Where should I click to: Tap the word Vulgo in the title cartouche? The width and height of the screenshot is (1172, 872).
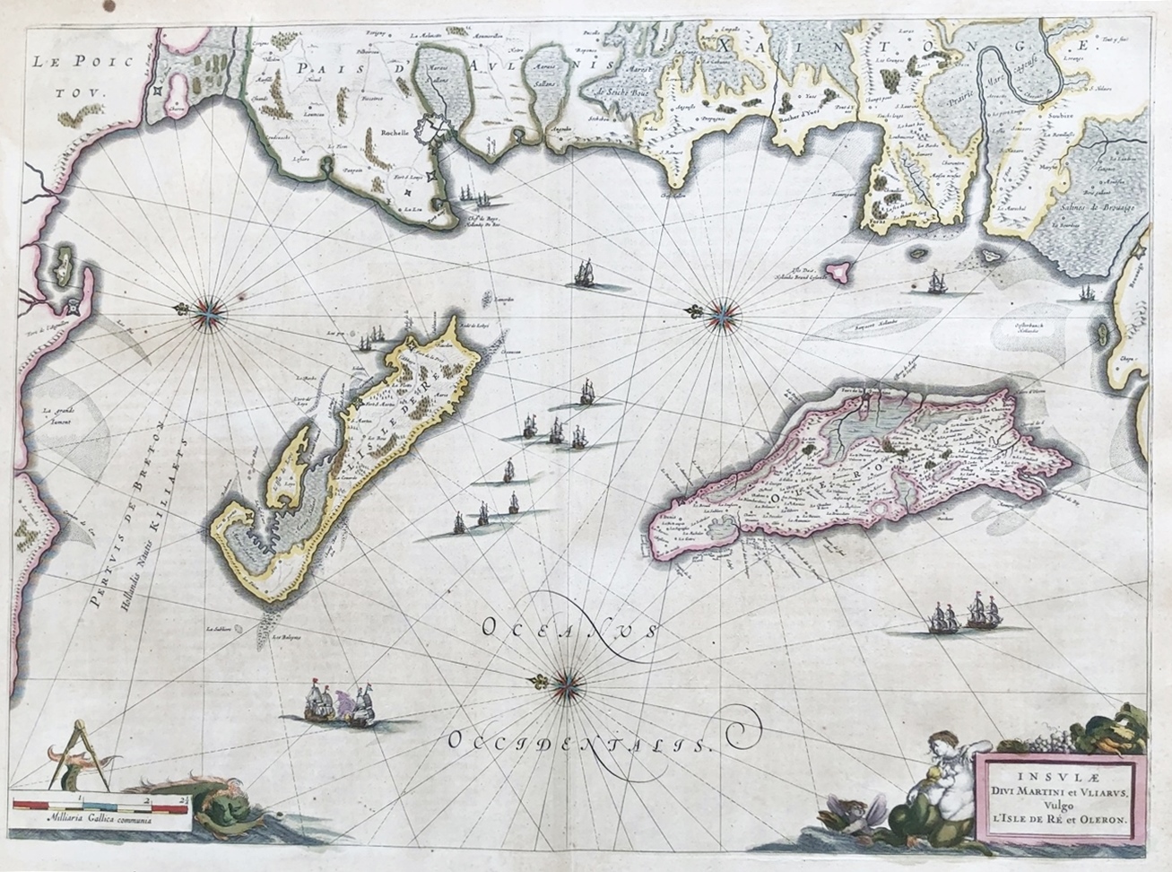[1057, 804]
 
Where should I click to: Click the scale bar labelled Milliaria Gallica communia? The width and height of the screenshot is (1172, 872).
[100, 806]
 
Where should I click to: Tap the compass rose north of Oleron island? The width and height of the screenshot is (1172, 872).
[721, 312]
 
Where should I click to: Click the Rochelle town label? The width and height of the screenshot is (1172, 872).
[395, 132]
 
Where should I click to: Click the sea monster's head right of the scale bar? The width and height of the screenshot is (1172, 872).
[208, 808]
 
